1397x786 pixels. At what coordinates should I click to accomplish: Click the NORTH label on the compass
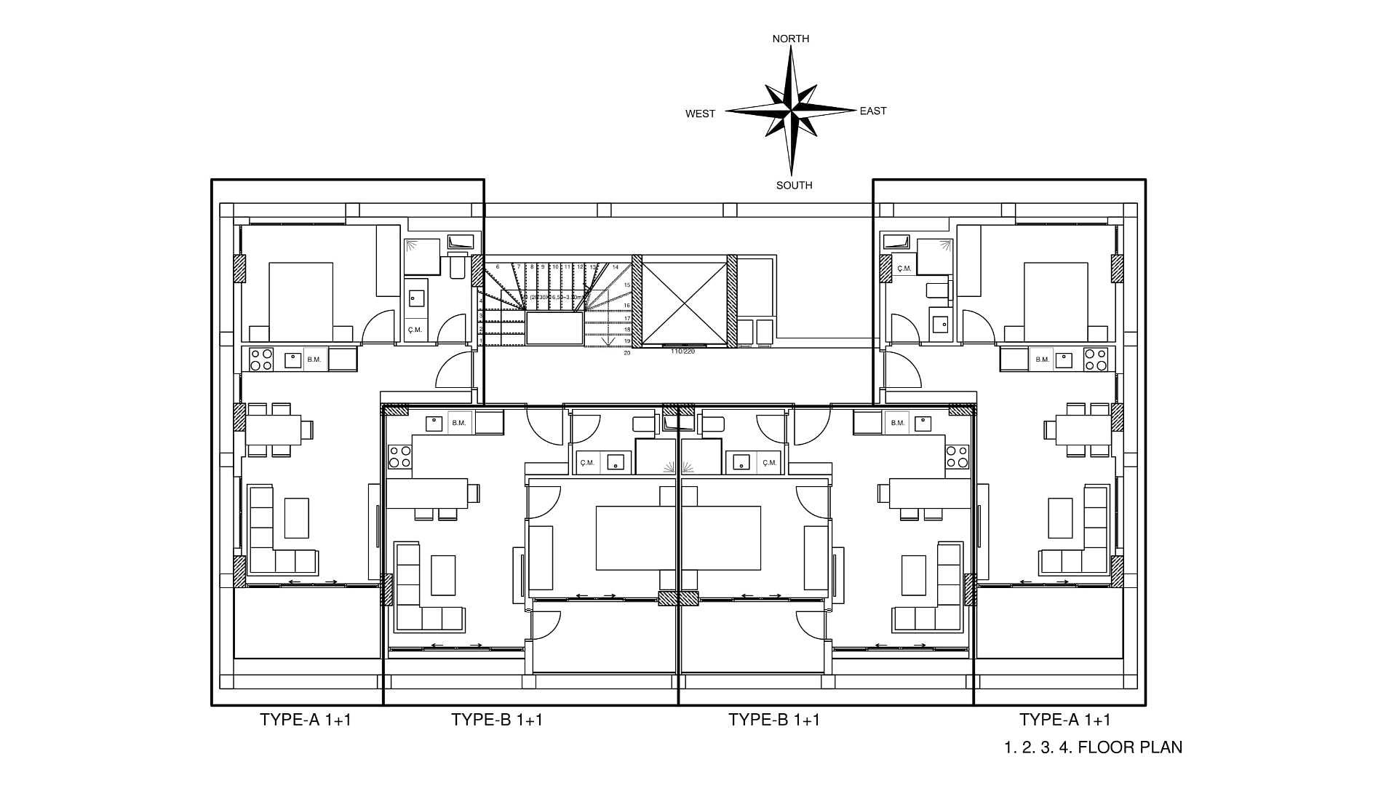pyautogui.click(x=790, y=39)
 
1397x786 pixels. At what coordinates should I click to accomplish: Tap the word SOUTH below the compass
pyautogui.click(x=794, y=185)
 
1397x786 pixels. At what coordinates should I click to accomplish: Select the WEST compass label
pyautogui.click(x=700, y=114)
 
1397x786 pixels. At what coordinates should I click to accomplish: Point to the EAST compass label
pyautogui.click(x=872, y=111)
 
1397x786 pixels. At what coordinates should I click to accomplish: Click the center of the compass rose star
pyautogui.click(x=791, y=111)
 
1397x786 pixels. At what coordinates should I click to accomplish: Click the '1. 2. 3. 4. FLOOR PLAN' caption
pyautogui.click(x=1093, y=747)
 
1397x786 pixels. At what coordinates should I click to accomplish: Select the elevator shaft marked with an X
pyautogui.click(x=684, y=300)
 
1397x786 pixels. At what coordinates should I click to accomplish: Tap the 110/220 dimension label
pyautogui.click(x=682, y=352)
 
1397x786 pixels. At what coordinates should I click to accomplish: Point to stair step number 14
pyautogui.click(x=616, y=267)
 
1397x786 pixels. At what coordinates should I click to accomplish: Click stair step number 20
pyautogui.click(x=626, y=353)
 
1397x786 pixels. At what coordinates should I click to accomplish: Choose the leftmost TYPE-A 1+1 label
pyautogui.click(x=306, y=720)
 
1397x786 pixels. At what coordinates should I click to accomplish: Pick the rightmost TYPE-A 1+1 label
pyautogui.click(x=1064, y=720)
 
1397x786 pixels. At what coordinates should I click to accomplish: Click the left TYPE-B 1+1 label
pyautogui.click(x=497, y=720)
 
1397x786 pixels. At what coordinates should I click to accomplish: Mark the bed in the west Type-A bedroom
pyautogui.click(x=301, y=301)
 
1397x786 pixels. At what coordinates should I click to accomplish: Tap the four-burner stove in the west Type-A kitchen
pyautogui.click(x=261, y=359)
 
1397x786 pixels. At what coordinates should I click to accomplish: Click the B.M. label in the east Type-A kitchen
pyautogui.click(x=1042, y=360)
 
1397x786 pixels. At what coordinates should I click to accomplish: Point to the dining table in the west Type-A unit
pyautogui.click(x=274, y=429)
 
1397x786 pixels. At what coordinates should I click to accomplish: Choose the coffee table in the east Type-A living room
pyautogui.click(x=1059, y=517)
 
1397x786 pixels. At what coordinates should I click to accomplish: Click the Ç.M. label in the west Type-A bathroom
pyautogui.click(x=415, y=330)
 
